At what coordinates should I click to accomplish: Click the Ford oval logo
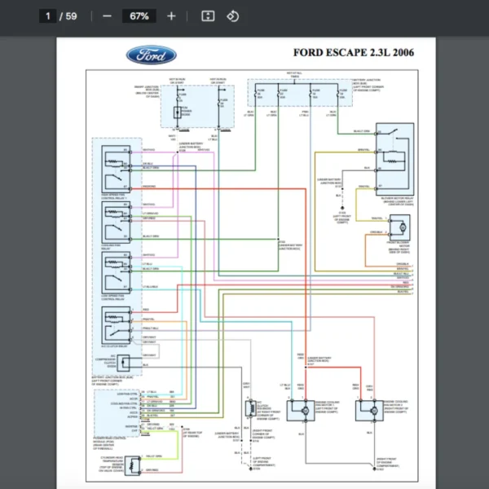click(x=151, y=55)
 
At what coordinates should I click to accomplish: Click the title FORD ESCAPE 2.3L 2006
click(x=353, y=54)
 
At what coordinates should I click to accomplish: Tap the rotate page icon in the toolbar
click(x=232, y=15)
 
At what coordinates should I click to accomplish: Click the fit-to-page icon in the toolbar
click(x=207, y=15)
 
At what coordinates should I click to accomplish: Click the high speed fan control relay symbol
click(x=115, y=166)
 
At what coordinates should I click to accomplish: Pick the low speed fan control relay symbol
click(x=115, y=271)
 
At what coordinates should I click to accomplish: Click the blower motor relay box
click(x=396, y=158)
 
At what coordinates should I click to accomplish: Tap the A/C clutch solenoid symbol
click(x=248, y=412)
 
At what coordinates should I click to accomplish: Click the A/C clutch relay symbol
click(x=115, y=324)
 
